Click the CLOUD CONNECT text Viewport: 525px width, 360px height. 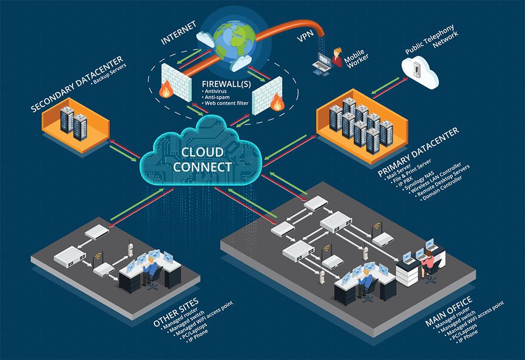point(203,160)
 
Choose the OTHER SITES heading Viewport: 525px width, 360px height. point(176,312)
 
